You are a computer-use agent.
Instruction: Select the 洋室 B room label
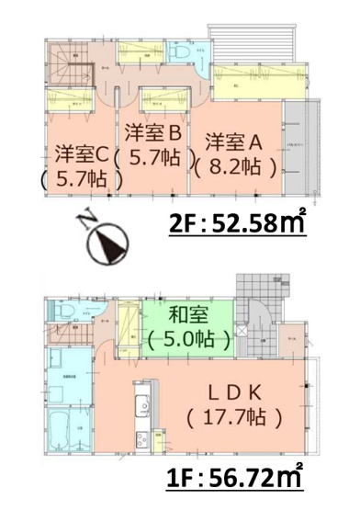158,130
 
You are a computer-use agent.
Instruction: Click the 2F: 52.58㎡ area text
237,223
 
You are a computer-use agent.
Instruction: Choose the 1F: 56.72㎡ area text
237,478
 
